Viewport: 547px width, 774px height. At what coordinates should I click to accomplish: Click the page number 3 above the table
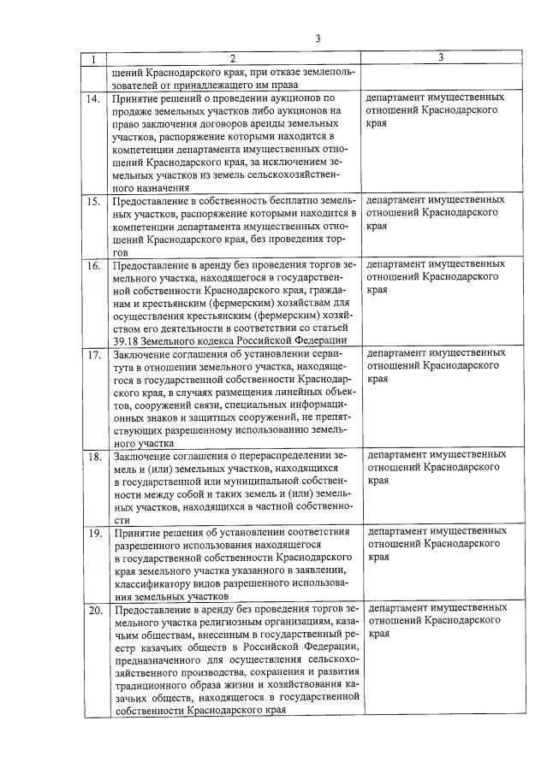pos(317,38)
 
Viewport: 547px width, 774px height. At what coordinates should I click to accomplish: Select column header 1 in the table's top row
pos(92,58)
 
